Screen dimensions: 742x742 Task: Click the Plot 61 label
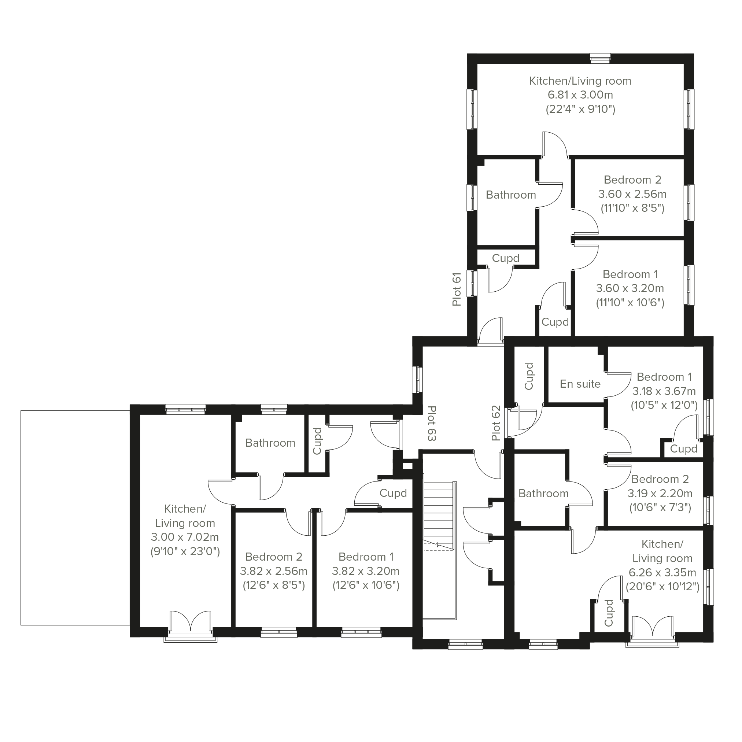pyautogui.click(x=456, y=289)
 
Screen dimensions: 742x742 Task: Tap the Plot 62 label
pyautogui.click(x=496, y=423)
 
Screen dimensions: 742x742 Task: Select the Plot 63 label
pyautogui.click(x=432, y=423)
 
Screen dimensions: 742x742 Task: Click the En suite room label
pyautogui.click(x=580, y=384)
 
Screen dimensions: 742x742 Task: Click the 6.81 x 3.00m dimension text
pyautogui.click(x=580, y=95)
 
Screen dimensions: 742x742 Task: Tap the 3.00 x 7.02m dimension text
pyautogui.click(x=185, y=537)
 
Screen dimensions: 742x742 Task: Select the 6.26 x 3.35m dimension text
pyautogui.click(x=662, y=572)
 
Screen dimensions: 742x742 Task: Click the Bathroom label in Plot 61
pyautogui.click(x=511, y=195)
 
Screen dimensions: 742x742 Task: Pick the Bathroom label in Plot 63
pyautogui.click(x=270, y=443)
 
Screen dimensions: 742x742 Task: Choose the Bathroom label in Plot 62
pyautogui.click(x=543, y=494)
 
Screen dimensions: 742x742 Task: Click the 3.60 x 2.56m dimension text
pyautogui.click(x=632, y=194)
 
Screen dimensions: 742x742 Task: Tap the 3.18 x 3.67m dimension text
pyautogui.click(x=664, y=391)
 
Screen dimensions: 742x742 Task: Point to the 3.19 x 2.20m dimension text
pyautogui.click(x=660, y=493)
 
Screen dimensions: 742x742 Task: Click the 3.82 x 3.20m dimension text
pyautogui.click(x=366, y=571)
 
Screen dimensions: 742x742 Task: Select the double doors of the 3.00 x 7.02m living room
pyautogui.click(x=191, y=622)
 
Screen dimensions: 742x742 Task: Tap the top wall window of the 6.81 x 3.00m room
pyautogui.click(x=600, y=58)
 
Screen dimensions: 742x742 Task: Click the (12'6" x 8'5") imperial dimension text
pyautogui.click(x=274, y=585)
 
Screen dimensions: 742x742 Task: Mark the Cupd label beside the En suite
pyautogui.click(x=529, y=376)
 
